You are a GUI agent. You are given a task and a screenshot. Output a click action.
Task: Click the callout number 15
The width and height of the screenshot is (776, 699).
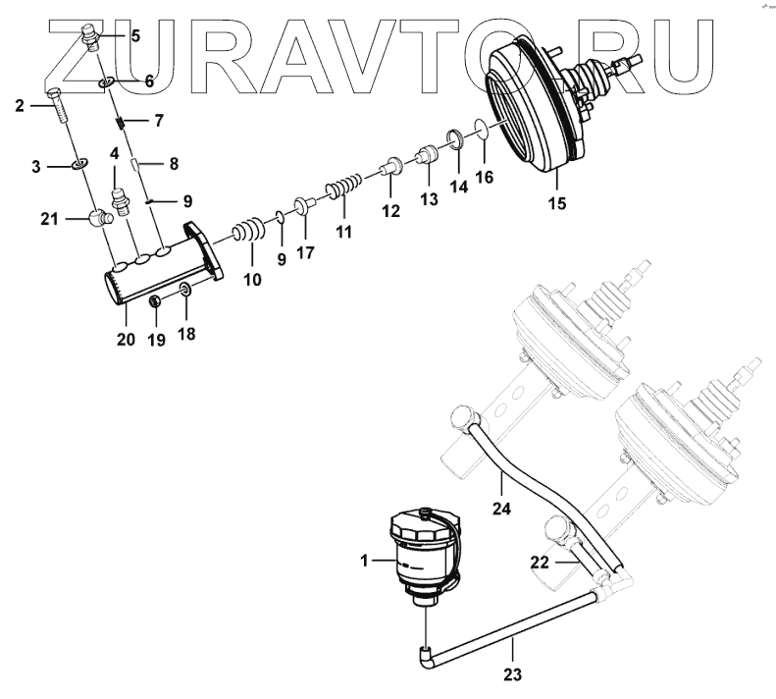click(556, 203)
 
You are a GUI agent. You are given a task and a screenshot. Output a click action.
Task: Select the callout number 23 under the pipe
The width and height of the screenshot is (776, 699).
click(513, 674)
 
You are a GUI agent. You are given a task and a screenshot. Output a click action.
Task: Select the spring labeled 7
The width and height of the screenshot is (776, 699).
click(119, 122)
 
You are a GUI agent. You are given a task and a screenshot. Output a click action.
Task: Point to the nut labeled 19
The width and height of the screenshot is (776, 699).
click(155, 301)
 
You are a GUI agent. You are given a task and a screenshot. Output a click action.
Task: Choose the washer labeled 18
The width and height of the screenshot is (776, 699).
click(184, 290)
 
